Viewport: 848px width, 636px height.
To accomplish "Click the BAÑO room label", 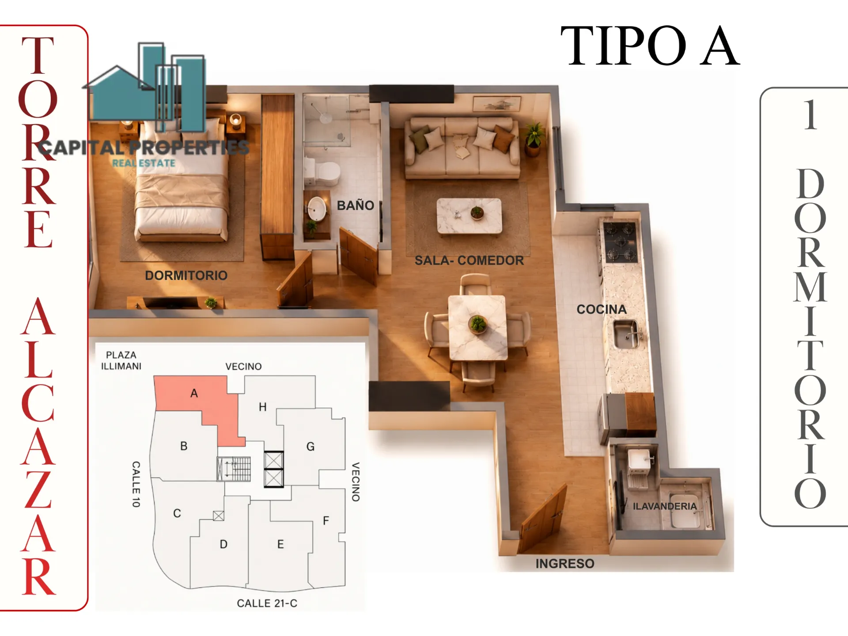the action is (355, 205).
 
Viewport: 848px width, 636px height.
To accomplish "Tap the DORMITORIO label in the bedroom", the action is (186, 276).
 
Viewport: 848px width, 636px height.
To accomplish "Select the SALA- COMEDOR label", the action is (469, 261).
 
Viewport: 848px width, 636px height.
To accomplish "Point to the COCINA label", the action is (602, 309).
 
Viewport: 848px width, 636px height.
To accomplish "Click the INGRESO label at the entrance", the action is (565, 564).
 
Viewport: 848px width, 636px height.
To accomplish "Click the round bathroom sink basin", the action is (317, 209).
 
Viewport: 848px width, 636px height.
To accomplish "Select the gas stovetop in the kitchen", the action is (621, 242).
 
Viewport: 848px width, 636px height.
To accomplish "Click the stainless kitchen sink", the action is (627, 335).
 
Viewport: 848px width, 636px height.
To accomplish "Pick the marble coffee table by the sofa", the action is (469, 216).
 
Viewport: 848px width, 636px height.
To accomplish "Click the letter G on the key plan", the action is (310, 447).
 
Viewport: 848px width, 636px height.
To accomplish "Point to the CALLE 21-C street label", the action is (267, 603).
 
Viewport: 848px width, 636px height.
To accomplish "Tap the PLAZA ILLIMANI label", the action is (121, 360).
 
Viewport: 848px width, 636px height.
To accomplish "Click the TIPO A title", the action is (650, 46).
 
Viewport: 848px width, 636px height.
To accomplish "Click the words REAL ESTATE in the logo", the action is (144, 163).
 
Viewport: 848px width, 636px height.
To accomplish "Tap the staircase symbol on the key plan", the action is (234, 469).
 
